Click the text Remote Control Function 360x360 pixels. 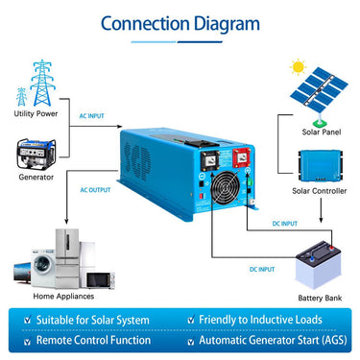pyautogui.click(x=93, y=340)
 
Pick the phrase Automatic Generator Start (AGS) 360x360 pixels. pyautogui.click(x=273, y=340)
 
